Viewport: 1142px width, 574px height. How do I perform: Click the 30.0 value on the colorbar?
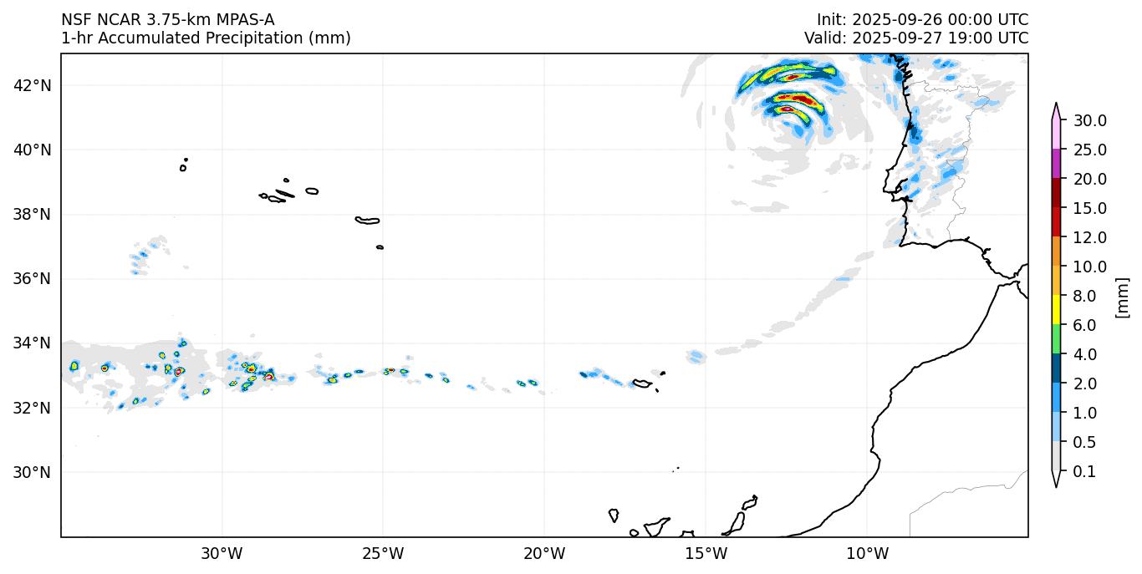click(x=1090, y=120)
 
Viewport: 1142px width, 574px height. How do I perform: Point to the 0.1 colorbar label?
click(x=1085, y=472)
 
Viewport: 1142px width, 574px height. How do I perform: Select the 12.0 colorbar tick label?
click(x=1090, y=237)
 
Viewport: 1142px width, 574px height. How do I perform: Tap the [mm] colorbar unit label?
click(x=1123, y=297)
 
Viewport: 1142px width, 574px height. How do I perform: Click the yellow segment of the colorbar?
click(x=1056, y=310)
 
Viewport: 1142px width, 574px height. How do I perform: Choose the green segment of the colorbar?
click(x=1056, y=339)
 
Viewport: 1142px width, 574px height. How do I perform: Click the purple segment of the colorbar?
click(x=1056, y=164)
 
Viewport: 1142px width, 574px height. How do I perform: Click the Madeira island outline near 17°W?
click(x=642, y=384)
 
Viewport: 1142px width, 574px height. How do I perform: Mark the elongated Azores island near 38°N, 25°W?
click(x=367, y=221)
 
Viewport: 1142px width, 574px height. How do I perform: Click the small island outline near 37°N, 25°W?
click(x=380, y=247)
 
